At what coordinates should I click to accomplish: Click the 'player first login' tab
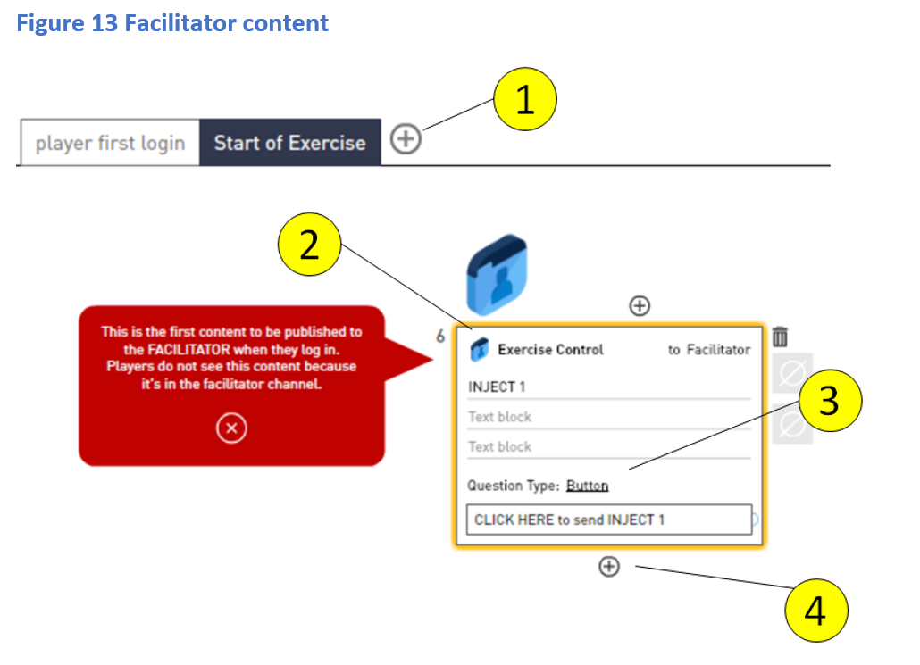tap(110, 143)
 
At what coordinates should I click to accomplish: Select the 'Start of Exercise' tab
tap(289, 143)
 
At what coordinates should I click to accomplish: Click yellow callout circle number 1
tap(524, 100)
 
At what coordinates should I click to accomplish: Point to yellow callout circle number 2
tap(309, 245)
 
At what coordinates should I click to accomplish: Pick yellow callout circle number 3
tap(829, 402)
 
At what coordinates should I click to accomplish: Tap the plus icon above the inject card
tap(640, 306)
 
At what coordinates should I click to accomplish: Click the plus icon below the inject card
tap(608, 566)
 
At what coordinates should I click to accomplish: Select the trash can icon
tap(780, 337)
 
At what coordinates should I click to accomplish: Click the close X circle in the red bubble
tap(231, 429)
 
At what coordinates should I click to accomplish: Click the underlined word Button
tap(587, 486)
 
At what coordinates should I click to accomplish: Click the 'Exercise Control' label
tap(550, 350)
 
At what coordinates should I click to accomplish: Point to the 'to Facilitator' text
tap(709, 350)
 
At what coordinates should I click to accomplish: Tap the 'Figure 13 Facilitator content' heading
tap(172, 23)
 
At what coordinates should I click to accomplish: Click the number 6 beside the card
tap(439, 337)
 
